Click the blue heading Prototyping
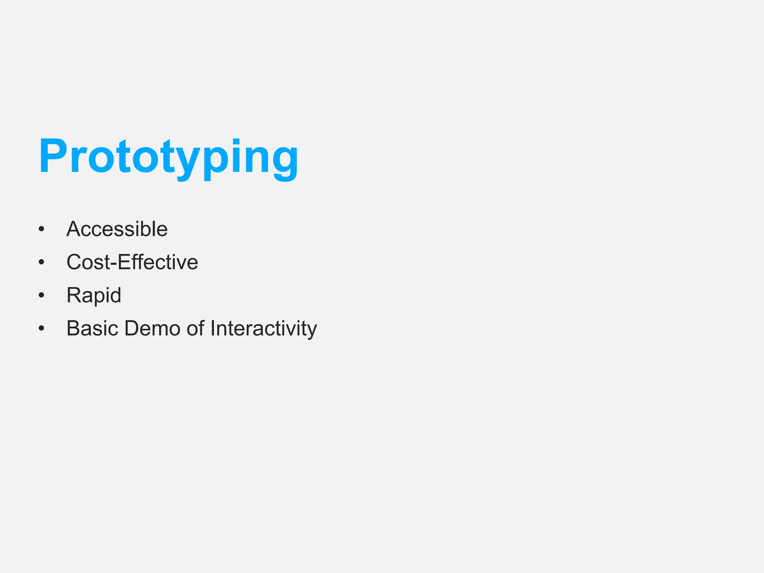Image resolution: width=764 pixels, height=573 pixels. tap(168, 157)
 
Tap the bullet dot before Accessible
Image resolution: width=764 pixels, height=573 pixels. tap(41, 229)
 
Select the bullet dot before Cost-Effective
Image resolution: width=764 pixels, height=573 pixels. tap(41, 262)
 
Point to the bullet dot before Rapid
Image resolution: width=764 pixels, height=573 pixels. tap(41, 295)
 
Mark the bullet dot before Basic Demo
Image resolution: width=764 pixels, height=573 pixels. tap(41, 329)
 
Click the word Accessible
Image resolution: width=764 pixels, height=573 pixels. tap(117, 229)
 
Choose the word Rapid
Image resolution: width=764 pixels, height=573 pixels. tap(94, 295)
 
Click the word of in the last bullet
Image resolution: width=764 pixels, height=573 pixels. tap(195, 329)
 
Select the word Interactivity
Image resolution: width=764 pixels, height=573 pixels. tap(263, 329)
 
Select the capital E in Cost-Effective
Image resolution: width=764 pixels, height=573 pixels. tap(125, 262)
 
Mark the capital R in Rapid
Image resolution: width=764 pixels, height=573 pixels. tap(73, 295)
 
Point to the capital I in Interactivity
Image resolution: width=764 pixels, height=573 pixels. tap(213, 329)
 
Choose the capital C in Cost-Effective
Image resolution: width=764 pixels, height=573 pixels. tap(75, 262)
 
